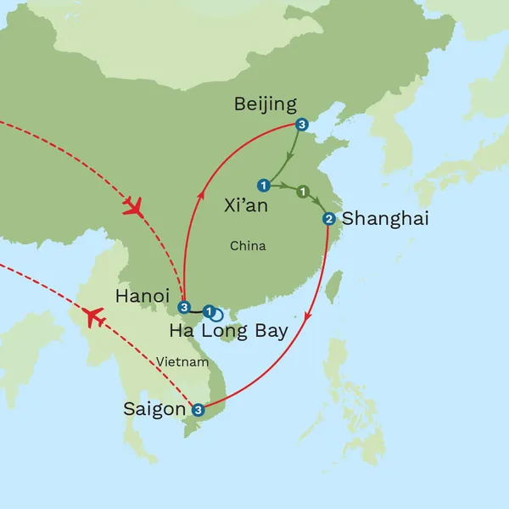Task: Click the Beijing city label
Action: (265, 104)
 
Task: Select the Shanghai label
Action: (385, 219)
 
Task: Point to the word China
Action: (248, 246)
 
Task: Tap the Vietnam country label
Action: (182, 362)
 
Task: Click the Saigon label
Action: (154, 409)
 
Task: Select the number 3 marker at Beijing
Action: (302, 126)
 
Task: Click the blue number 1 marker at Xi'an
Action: (264, 185)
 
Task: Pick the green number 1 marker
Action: (303, 192)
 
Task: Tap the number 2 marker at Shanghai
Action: (328, 220)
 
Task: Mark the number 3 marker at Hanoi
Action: (184, 307)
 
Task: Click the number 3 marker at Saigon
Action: (198, 411)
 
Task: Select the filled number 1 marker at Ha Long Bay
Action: (209, 310)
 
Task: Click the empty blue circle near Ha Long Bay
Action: (217, 314)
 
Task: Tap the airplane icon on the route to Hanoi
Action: (132, 206)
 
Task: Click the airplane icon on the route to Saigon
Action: (95, 319)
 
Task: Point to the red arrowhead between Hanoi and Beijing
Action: (202, 196)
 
